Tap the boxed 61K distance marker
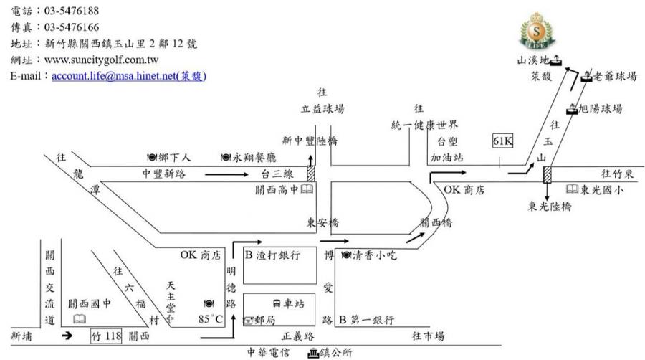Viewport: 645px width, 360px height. click(x=502, y=141)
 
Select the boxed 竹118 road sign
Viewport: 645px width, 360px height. click(x=106, y=336)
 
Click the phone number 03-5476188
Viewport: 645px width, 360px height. click(x=72, y=11)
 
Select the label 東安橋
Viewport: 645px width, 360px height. click(x=322, y=222)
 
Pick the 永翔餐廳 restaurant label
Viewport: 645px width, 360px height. click(x=254, y=157)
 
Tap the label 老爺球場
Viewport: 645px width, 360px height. click(x=615, y=76)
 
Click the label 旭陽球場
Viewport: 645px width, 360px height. click(x=601, y=109)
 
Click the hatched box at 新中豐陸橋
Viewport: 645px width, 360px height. click(x=310, y=174)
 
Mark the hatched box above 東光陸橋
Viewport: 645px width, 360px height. click(x=547, y=174)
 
